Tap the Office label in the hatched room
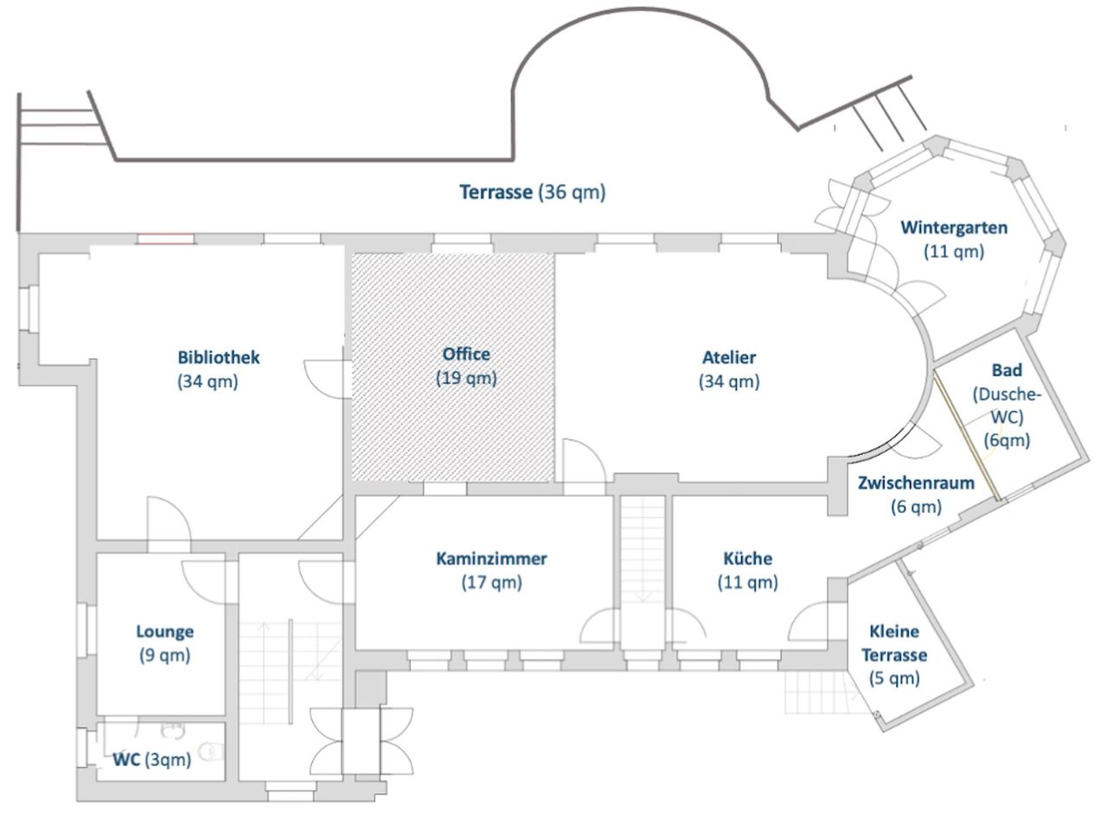point(466,354)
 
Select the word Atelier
point(729,356)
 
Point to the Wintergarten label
point(954,227)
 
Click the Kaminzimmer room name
point(491,559)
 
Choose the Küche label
point(747,559)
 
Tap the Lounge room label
point(164,631)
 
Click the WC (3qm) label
point(152,759)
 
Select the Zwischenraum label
point(916,483)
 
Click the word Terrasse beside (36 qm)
point(496,192)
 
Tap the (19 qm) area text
point(466,378)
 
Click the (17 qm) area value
point(491,583)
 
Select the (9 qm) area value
point(164,656)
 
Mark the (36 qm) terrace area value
point(572,192)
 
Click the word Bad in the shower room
point(1007,370)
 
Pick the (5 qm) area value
point(894,679)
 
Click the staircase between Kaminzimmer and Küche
point(642,553)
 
